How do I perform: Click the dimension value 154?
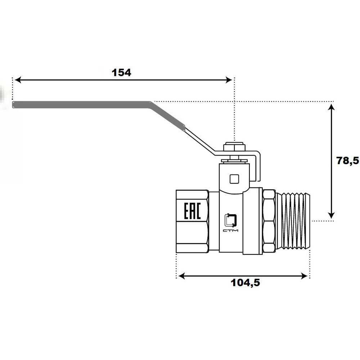(x=121, y=73)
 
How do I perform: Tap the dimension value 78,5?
(x=347, y=161)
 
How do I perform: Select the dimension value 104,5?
(x=245, y=283)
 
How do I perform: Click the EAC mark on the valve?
(x=192, y=211)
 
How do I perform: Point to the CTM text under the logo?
(x=230, y=230)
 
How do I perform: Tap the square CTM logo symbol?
(x=230, y=220)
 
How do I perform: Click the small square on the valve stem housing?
(x=234, y=179)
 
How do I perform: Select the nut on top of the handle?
(x=234, y=147)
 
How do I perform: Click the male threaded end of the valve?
(x=293, y=221)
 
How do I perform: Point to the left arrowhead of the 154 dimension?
(x=18, y=80)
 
